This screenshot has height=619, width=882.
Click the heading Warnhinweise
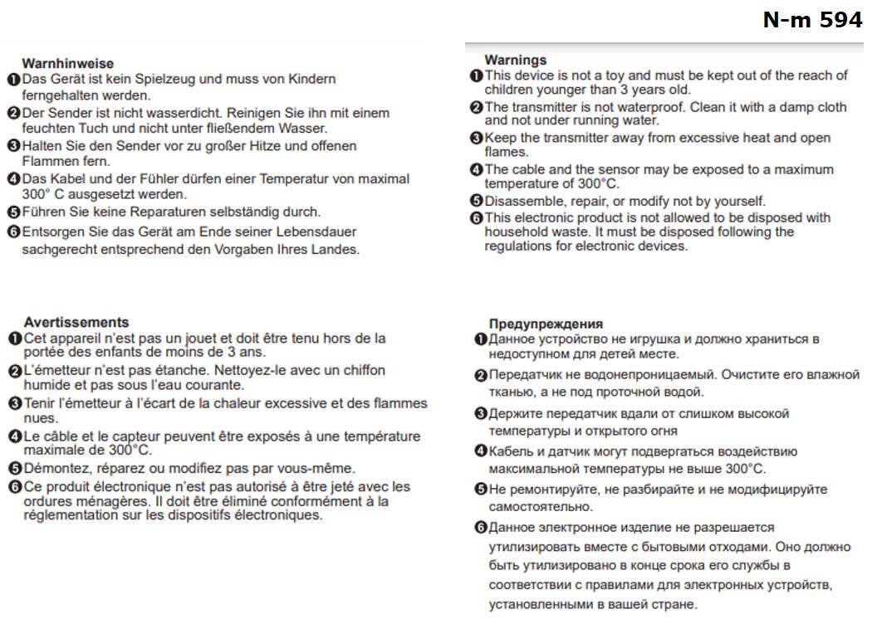click(67, 63)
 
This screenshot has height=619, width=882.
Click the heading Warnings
click(516, 60)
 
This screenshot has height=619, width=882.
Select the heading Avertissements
click(76, 322)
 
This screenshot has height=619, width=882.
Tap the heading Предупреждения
click(546, 324)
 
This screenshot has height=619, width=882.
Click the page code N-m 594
click(812, 21)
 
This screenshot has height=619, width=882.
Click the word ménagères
click(109, 502)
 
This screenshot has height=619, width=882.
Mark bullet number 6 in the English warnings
click(477, 218)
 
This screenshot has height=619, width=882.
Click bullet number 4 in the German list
click(13, 179)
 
